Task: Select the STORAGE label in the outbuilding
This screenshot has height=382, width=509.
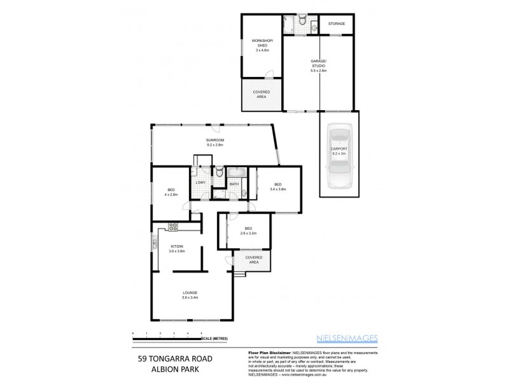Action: click(x=337, y=24)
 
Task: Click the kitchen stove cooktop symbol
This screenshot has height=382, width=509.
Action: click(x=173, y=226)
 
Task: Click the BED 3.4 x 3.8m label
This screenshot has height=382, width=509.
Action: click(x=277, y=187)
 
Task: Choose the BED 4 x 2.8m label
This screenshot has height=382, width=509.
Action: click(x=171, y=192)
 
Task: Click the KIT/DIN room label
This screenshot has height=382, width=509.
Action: click(x=177, y=249)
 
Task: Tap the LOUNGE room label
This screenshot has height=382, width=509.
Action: click(x=190, y=295)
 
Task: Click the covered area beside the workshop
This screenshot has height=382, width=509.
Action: click(x=261, y=94)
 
